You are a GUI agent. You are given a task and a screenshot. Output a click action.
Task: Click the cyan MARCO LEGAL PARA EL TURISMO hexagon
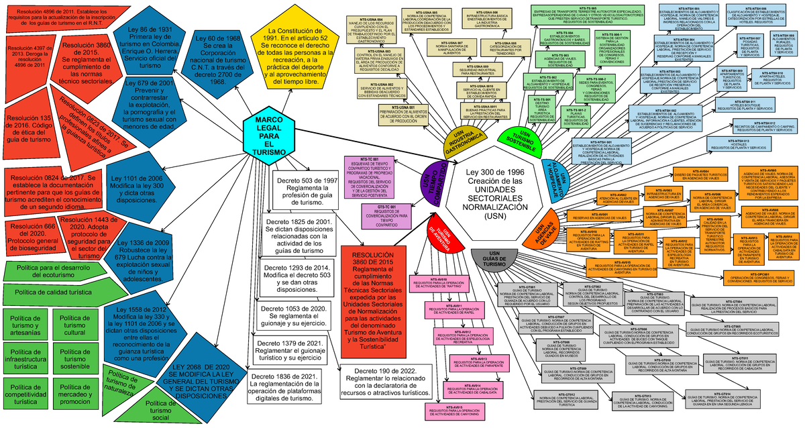(x=270, y=137)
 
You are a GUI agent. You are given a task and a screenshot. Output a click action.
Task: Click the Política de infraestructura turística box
(x=28, y=362)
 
